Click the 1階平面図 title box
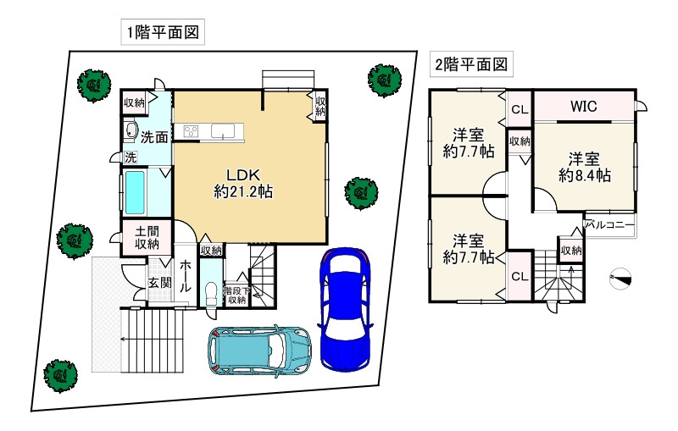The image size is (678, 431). (163, 32)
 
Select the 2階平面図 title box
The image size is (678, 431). (471, 64)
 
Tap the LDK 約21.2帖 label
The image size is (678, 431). (243, 183)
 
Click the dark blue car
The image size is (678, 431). (345, 309)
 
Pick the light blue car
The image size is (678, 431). (259, 350)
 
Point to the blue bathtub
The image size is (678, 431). (135, 192)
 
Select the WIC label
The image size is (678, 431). (583, 106)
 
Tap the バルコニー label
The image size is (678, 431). (609, 225)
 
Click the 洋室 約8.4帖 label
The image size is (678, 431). (584, 167)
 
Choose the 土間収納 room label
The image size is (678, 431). (147, 238)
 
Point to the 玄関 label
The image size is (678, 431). (160, 283)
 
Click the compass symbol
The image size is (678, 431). (620, 279)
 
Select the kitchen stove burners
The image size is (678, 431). (191, 131)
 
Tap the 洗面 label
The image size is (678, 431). (154, 137)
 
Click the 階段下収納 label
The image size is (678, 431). (236, 296)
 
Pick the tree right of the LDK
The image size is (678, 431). (361, 193)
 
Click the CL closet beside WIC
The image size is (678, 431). (520, 109)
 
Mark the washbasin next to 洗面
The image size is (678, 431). (131, 130)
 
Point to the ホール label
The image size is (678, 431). (185, 276)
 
